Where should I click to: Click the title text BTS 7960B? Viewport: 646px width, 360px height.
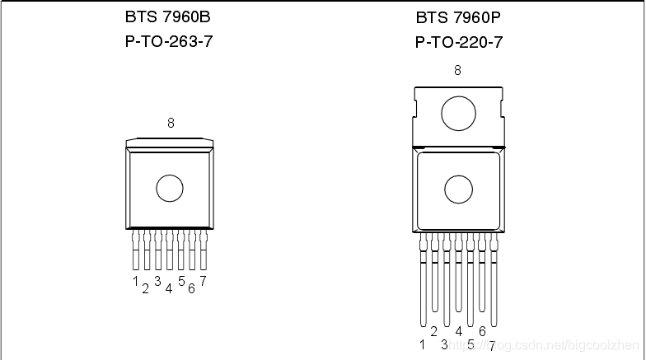(x=168, y=16)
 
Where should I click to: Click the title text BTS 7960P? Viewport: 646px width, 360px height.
(x=458, y=18)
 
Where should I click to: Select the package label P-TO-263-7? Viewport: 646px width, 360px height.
(x=169, y=41)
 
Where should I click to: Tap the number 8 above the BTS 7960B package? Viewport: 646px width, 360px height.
(x=171, y=123)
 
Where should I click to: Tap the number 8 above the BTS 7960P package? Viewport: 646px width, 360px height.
(x=457, y=71)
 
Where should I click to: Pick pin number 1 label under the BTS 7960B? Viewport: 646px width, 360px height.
(x=135, y=281)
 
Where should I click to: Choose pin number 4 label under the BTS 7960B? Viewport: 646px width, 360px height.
(x=168, y=288)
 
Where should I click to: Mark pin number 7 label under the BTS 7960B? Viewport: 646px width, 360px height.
(x=203, y=281)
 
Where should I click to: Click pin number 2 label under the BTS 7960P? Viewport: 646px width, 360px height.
(x=433, y=331)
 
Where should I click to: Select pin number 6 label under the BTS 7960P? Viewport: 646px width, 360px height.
(x=483, y=331)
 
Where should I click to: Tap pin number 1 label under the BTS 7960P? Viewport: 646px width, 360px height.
(x=422, y=344)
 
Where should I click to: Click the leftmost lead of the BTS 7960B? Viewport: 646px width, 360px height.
(x=135, y=250)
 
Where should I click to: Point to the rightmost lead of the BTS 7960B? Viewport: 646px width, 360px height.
(x=203, y=250)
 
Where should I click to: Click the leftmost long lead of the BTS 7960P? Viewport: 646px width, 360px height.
(x=424, y=280)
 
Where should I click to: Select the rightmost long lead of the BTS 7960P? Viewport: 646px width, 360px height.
(x=494, y=280)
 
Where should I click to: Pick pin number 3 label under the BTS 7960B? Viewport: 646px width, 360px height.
(x=157, y=281)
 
